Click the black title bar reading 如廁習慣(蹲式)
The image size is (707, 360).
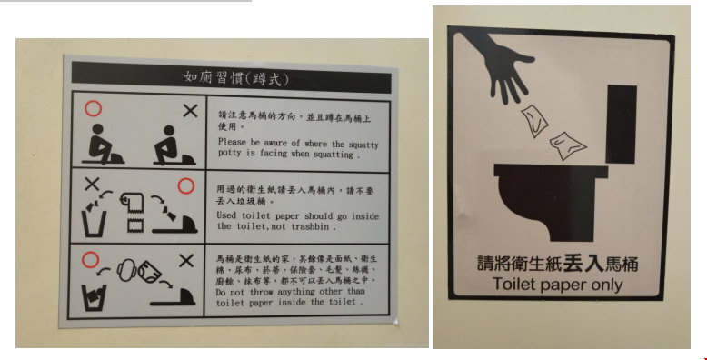click(232, 77)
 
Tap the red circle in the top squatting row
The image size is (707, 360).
click(94, 108)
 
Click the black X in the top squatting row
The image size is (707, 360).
click(190, 111)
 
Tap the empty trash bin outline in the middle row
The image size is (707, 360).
click(95, 224)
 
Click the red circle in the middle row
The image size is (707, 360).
click(185, 185)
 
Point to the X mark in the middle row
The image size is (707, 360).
click(92, 184)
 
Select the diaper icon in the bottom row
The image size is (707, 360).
click(150, 271)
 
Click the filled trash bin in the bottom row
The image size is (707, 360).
click(95, 297)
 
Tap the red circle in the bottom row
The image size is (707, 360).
click(90, 260)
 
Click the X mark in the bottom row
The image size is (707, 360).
click(186, 260)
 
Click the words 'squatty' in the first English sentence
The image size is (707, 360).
click(363, 145)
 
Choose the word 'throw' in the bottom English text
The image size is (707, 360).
click(262, 292)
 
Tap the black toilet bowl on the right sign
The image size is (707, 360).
click(551, 202)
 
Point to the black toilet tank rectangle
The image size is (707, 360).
click(622, 124)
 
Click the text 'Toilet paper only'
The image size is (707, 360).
click(557, 285)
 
